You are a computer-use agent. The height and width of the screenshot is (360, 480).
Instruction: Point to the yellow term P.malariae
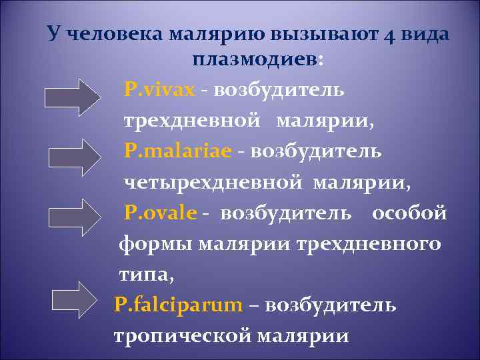(x=178, y=151)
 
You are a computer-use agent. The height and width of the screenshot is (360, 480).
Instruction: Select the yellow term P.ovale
(x=161, y=213)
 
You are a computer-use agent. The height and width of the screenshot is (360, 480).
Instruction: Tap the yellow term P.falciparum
(x=179, y=305)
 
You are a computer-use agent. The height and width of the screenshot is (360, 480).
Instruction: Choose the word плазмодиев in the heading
(x=256, y=59)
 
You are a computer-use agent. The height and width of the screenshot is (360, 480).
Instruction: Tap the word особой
(x=409, y=213)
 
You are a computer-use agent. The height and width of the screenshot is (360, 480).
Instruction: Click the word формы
(x=155, y=244)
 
